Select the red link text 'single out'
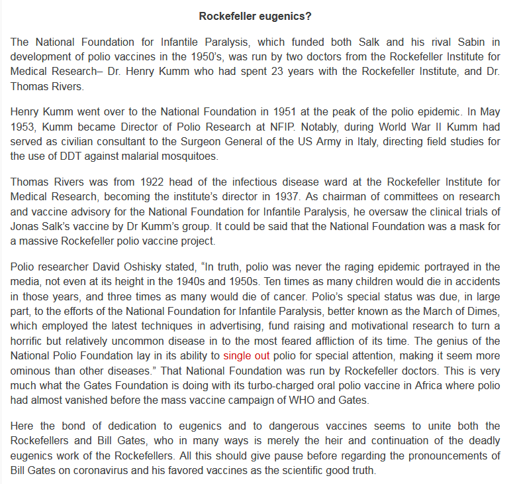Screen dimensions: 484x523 pos(246,355)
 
